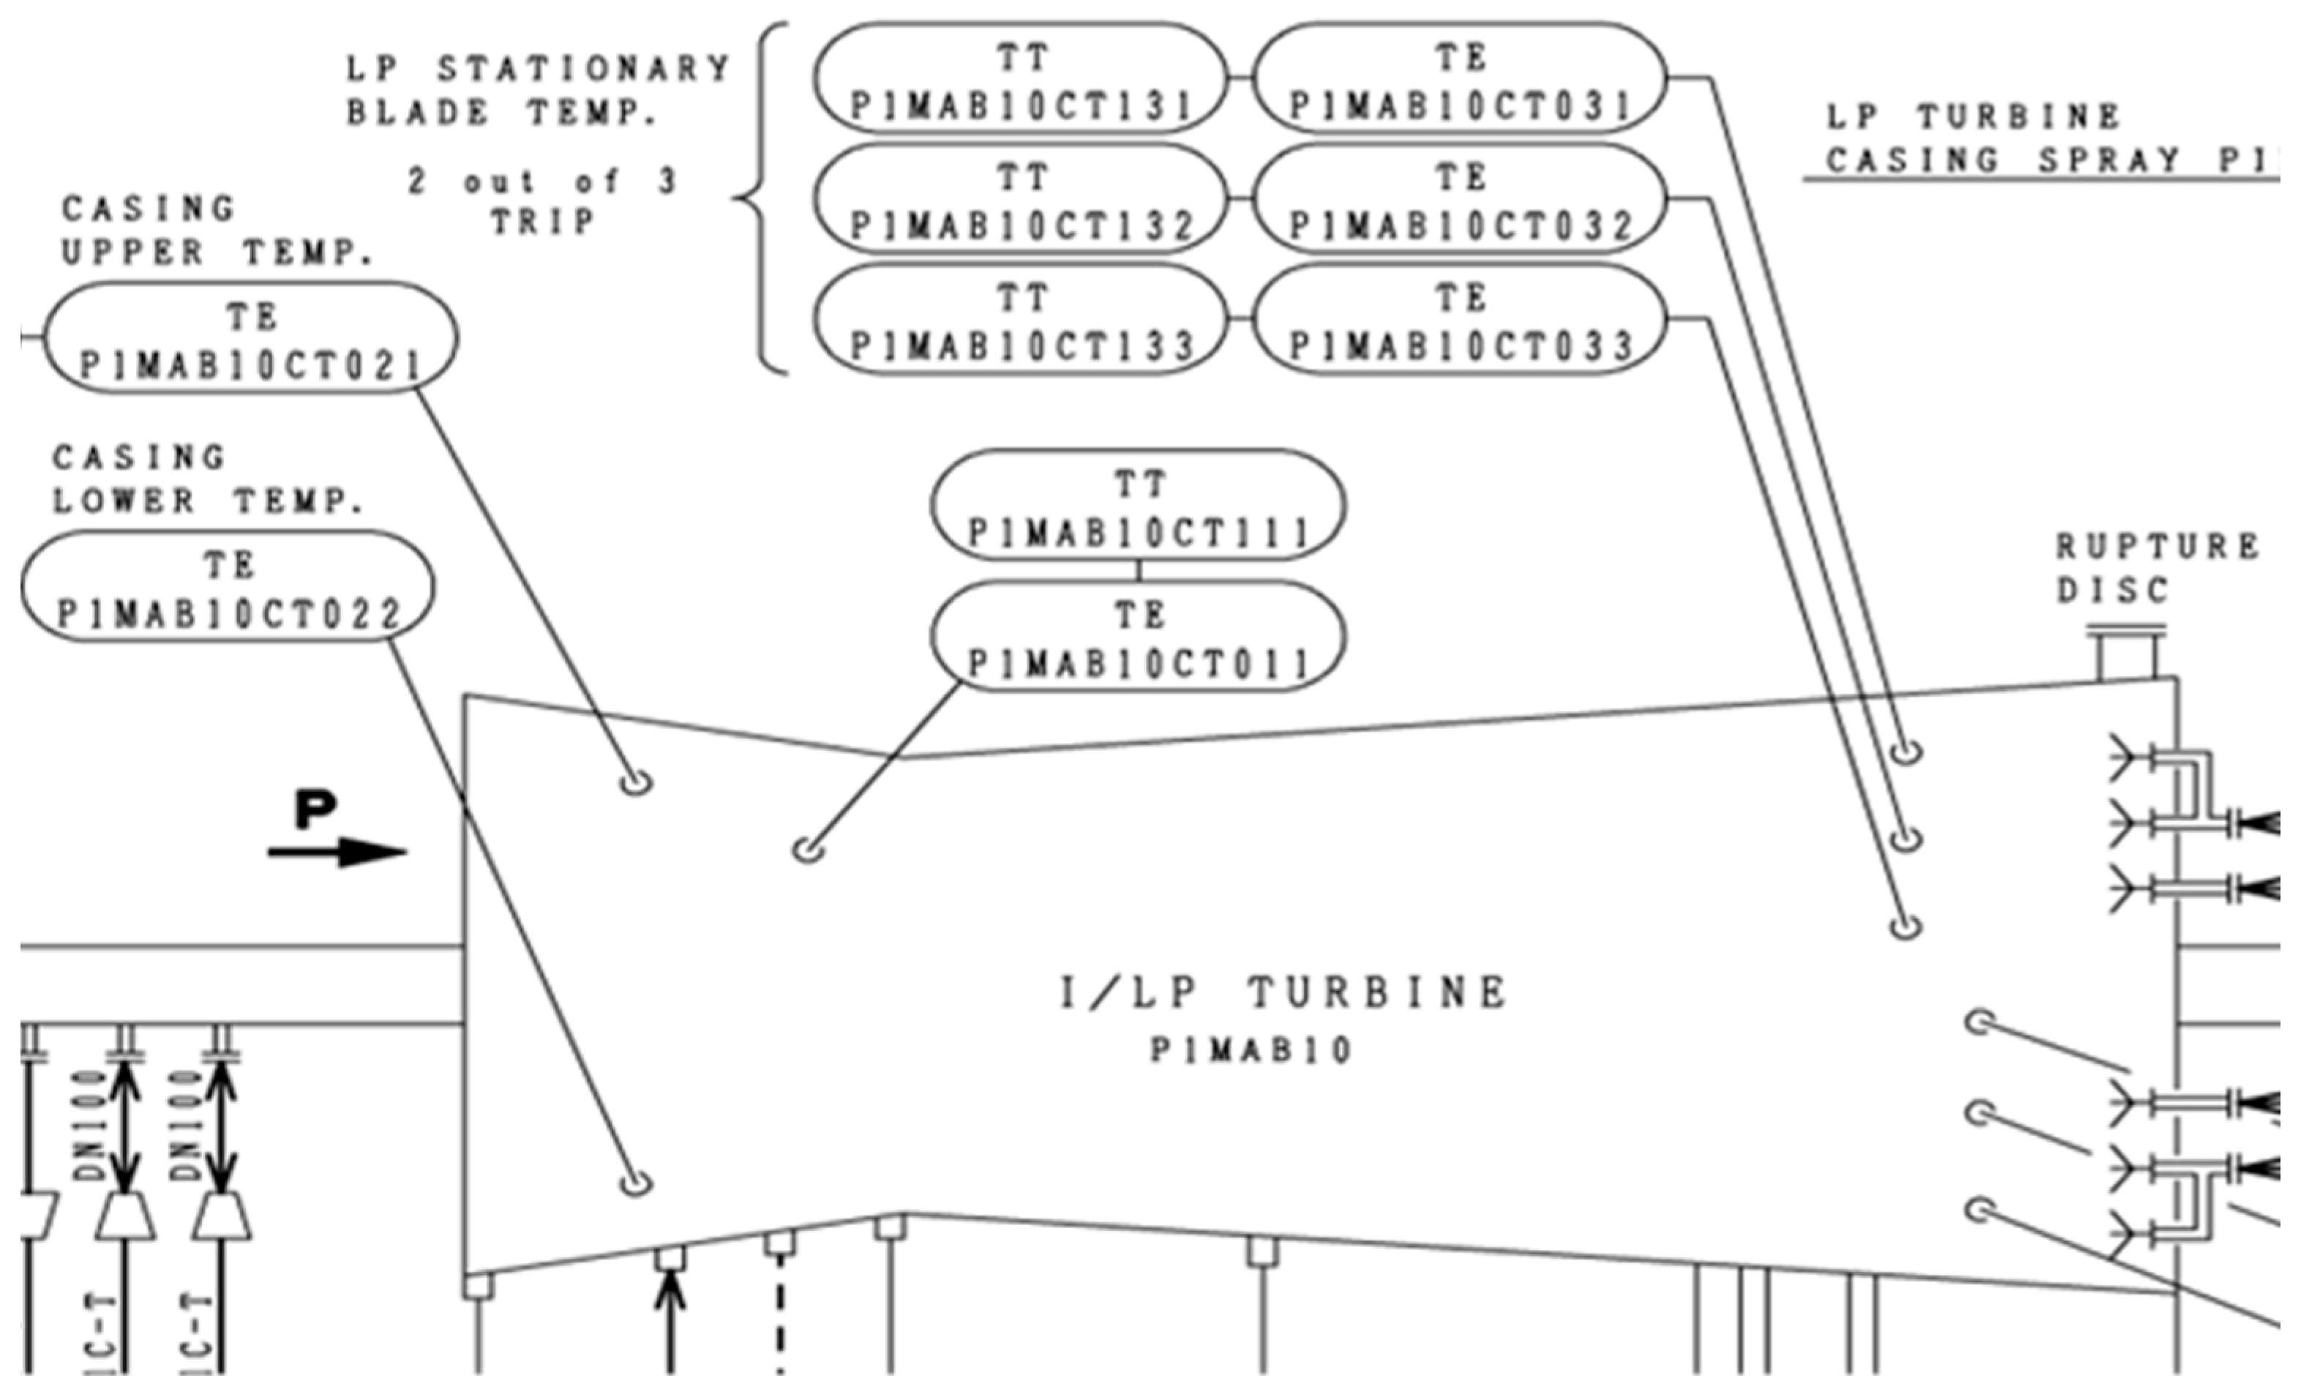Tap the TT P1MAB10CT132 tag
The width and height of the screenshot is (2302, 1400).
tap(1019, 199)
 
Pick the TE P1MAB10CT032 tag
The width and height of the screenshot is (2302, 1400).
tap(1459, 199)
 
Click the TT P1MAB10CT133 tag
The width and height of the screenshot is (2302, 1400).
tap(1019, 320)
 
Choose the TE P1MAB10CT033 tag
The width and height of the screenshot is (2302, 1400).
tap(1459, 320)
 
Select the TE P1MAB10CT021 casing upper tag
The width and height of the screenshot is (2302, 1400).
tap(250, 338)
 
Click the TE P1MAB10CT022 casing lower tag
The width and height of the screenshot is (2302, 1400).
tap(228, 587)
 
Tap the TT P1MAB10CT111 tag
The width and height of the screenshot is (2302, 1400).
tap(1138, 506)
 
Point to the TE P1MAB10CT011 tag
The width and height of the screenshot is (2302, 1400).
tap(1138, 637)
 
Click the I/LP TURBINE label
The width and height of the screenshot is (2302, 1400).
tap(1283, 993)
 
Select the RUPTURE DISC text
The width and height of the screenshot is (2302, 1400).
tap(2156, 567)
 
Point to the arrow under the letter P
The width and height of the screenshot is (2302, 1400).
tap(338, 851)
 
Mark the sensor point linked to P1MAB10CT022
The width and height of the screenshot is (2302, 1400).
tap(636, 1184)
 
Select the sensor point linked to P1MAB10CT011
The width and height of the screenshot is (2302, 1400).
tap(808, 850)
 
